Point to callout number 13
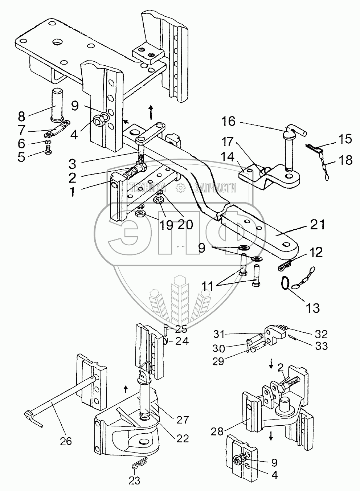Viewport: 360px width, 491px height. pyautogui.click(x=312, y=308)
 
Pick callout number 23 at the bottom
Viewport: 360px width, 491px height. pyautogui.click(x=134, y=480)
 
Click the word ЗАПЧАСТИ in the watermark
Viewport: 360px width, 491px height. pyautogui.click(x=215, y=188)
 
